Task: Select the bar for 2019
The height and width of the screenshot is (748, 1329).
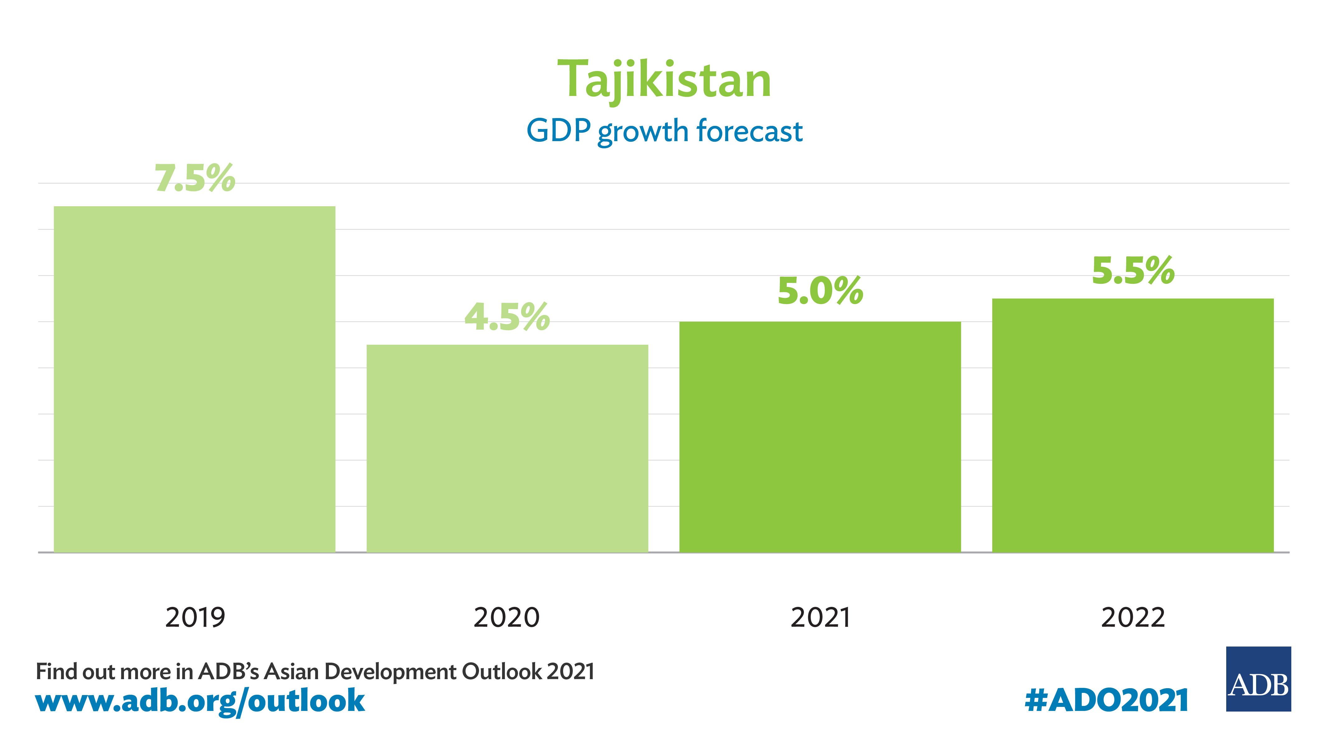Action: click(194, 379)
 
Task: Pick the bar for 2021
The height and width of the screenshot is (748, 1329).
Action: click(820, 437)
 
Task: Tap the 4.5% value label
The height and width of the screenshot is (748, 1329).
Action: click(507, 317)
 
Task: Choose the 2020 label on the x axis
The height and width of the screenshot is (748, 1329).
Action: click(507, 617)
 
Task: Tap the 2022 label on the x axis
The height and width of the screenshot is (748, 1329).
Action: click(1133, 617)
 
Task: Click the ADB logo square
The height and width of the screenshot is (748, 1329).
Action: click(1258, 679)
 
